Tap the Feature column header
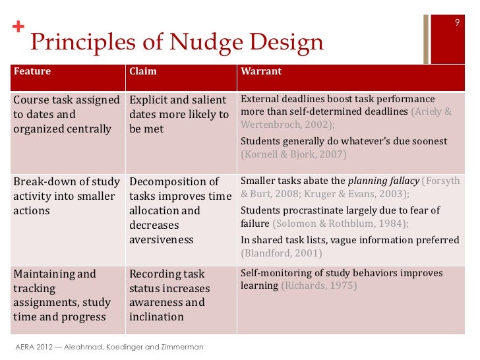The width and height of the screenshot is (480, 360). coord(32,71)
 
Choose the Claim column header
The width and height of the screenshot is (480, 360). coord(143,71)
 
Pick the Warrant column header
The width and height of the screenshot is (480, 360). coord(261,71)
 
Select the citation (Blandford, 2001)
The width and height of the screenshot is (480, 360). coord(282,253)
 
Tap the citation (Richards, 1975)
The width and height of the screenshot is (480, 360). coord(319,286)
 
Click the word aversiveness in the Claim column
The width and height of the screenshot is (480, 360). coord(162,239)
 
